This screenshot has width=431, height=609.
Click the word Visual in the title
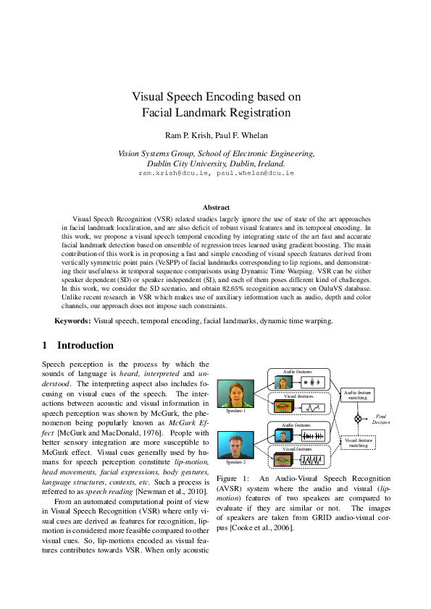[150, 96]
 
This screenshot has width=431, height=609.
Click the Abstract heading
[215, 208]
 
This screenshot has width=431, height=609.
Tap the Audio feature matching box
[357, 394]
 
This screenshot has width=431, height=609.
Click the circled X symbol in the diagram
[357, 418]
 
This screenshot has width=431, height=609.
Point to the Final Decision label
[381, 418]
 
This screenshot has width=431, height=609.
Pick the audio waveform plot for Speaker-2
[311, 436]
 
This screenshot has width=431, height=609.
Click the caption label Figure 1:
[233, 479]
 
